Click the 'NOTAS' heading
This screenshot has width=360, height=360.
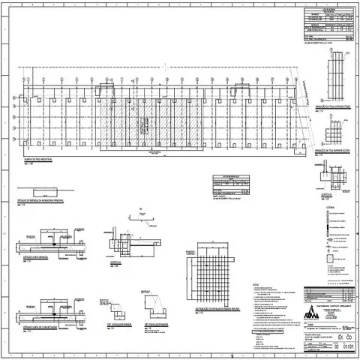tap(256, 284)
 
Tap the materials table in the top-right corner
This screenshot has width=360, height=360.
tap(330, 22)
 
